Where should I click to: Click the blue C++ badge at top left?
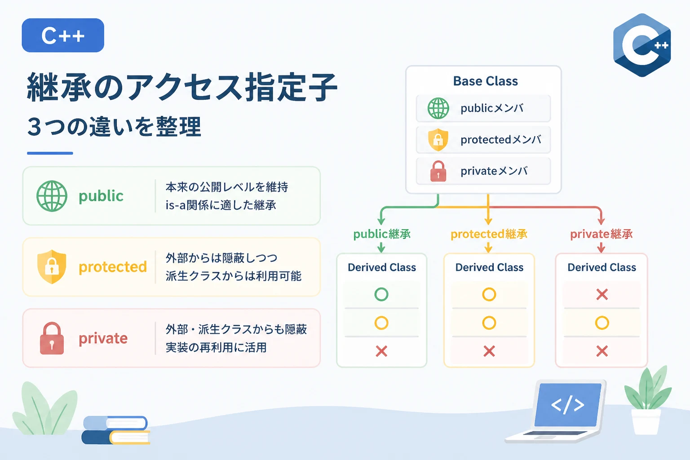pyautogui.click(x=63, y=35)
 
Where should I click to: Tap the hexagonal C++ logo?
pyautogui.click(x=642, y=45)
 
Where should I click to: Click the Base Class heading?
pyautogui.click(x=486, y=81)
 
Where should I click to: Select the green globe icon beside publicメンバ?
pyautogui.click(x=438, y=108)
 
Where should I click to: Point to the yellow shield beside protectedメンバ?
pyautogui.click(x=438, y=140)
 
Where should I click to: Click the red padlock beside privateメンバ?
pyautogui.click(x=438, y=171)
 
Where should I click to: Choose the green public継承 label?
pyautogui.click(x=382, y=234)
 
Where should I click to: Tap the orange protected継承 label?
pyautogui.click(x=489, y=234)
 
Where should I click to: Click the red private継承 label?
pyautogui.click(x=602, y=234)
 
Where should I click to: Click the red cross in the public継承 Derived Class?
pyautogui.click(x=381, y=351)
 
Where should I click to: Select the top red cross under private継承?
pyautogui.click(x=602, y=295)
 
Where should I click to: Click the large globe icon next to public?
pyautogui.click(x=52, y=196)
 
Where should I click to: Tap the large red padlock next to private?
pyautogui.click(x=52, y=338)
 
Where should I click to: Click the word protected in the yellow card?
pyautogui.click(x=113, y=267)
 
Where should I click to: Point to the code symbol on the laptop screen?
pyautogui.click(x=567, y=405)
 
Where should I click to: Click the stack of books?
pyautogui.click(x=116, y=430)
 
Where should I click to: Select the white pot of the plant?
pyautogui.click(x=646, y=421)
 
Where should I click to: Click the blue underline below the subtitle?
pyautogui.click(x=50, y=153)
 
